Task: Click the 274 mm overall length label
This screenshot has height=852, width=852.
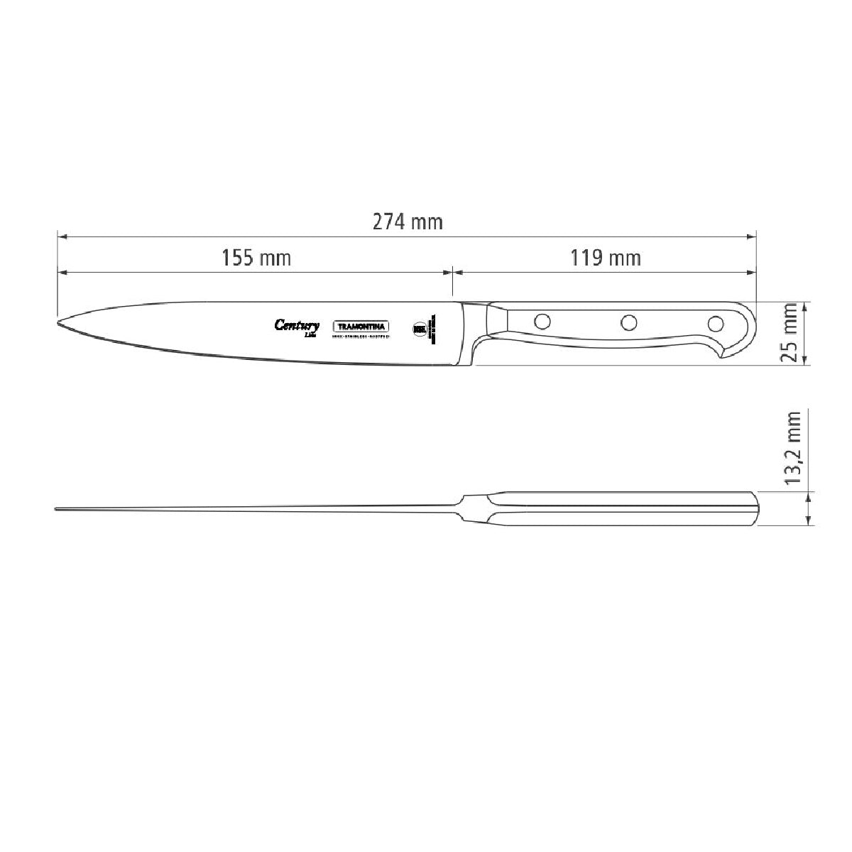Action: coord(408,222)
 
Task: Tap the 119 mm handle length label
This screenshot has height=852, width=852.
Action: coord(606,257)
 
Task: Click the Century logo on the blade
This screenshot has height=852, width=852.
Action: coord(297,326)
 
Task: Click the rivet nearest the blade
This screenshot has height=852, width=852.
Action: coord(542,321)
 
